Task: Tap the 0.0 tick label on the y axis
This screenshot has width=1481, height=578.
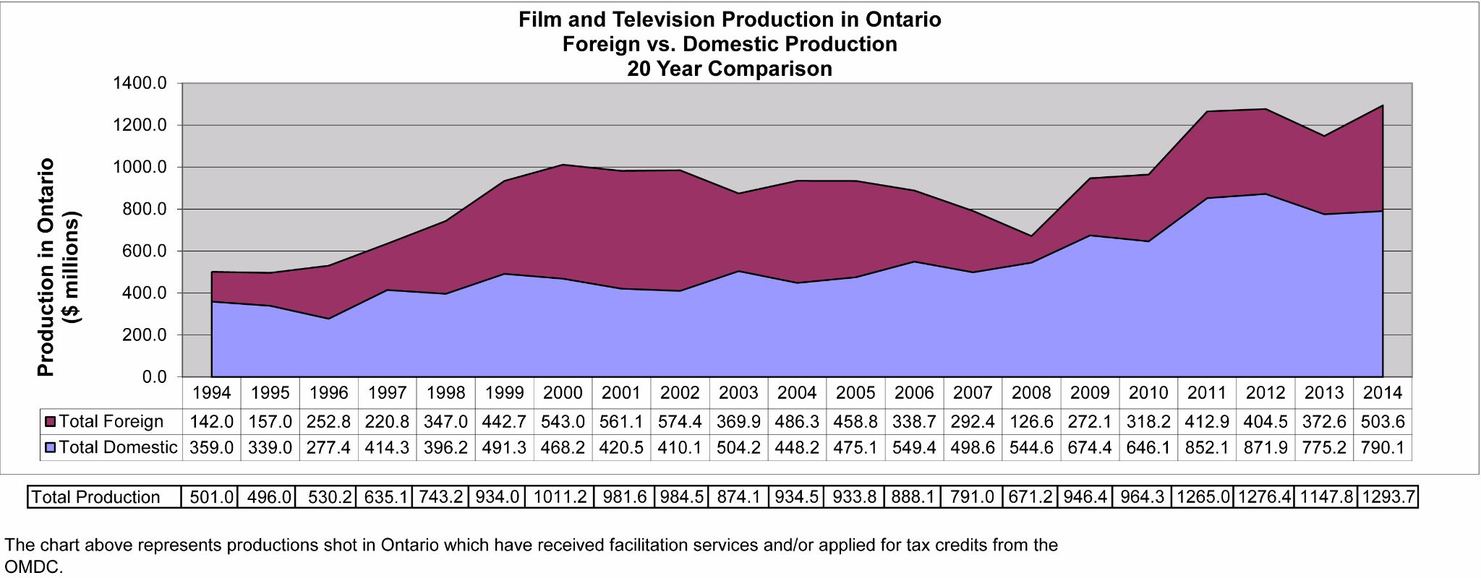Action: (154, 377)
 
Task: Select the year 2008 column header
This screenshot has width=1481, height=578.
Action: (1031, 393)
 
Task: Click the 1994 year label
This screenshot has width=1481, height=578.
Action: (212, 393)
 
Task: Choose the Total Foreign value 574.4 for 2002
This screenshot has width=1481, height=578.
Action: (680, 421)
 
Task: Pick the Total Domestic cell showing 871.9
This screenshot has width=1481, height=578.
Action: (1265, 448)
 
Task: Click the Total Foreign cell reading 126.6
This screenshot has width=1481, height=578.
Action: (1031, 421)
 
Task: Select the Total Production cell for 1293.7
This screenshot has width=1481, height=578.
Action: (1388, 497)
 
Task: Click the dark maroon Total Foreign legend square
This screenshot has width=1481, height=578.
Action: (51, 421)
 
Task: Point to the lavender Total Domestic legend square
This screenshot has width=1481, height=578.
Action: (51, 448)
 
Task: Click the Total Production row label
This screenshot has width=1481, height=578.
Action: (95, 497)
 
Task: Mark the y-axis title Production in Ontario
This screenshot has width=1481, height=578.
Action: (46, 267)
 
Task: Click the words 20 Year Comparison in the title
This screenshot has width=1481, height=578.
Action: (730, 69)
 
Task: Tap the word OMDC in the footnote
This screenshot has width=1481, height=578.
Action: (33, 567)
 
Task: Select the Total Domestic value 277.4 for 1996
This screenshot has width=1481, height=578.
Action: (329, 448)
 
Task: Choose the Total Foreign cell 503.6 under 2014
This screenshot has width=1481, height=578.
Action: (1382, 421)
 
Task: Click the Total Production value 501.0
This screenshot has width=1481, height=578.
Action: (212, 497)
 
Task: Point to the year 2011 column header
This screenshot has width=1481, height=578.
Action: (1207, 393)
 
